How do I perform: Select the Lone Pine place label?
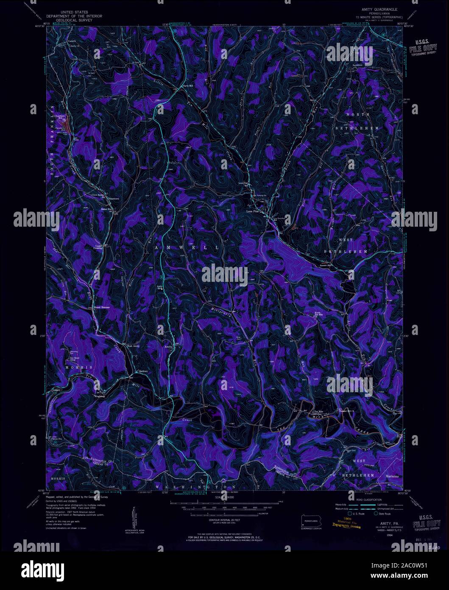click(x=254, y=211)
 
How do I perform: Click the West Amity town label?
click(x=133, y=346)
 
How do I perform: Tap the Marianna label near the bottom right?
click(x=392, y=476)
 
